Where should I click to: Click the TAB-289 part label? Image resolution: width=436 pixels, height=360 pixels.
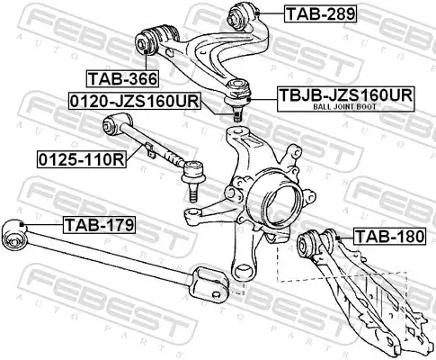click(x=320, y=13)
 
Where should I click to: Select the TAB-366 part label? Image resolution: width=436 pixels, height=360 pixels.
click(x=122, y=79)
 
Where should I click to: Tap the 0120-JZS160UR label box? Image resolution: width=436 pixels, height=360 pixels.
click(x=134, y=101)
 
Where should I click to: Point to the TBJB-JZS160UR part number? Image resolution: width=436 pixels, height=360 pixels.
click(x=346, y=95)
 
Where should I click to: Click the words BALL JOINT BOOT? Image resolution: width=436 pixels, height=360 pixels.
click(x=344, y=106)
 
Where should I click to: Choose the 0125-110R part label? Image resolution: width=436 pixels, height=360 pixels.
click(x=82, y=159)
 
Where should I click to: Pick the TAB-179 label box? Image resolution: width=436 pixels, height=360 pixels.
click(x=100, y=225)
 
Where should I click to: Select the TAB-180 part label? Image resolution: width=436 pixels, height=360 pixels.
click(x=389, y=236)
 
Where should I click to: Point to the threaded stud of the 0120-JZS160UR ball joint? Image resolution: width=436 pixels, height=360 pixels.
click(x=237, y=115)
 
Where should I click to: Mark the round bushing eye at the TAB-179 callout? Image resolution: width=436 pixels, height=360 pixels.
click(x=13, y=235)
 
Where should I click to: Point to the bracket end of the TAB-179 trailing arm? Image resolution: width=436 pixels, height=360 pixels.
click(x=209, y=282)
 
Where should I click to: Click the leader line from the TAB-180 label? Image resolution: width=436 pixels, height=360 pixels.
click(x=345, y=238)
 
